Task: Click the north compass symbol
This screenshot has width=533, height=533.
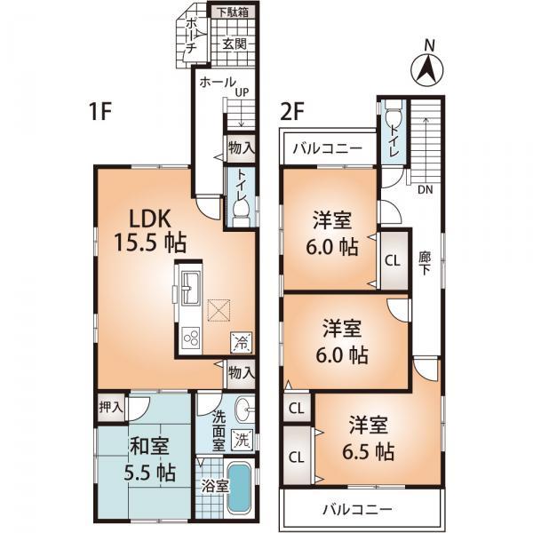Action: click(427, 66)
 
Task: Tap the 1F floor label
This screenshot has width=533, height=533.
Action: click(101, 113)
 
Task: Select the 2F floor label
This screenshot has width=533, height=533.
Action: click(293, 113)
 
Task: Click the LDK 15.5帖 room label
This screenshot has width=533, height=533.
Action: click(142, 229)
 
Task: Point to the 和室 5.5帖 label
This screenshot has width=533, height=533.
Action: click(144, 459)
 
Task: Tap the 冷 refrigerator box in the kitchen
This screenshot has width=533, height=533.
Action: click(241, 338)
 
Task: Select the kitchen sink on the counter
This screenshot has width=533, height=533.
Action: click(191, 286)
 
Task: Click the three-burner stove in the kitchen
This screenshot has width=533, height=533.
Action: click(190, 338)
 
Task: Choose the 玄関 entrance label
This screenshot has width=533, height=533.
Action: click(234, 43)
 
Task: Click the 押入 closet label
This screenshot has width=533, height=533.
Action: click(111, 408)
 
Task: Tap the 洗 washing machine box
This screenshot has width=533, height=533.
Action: click(242, 438)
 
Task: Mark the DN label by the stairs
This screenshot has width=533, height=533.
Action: click(425, 189)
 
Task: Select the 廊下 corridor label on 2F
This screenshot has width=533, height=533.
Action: click(425, 263)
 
